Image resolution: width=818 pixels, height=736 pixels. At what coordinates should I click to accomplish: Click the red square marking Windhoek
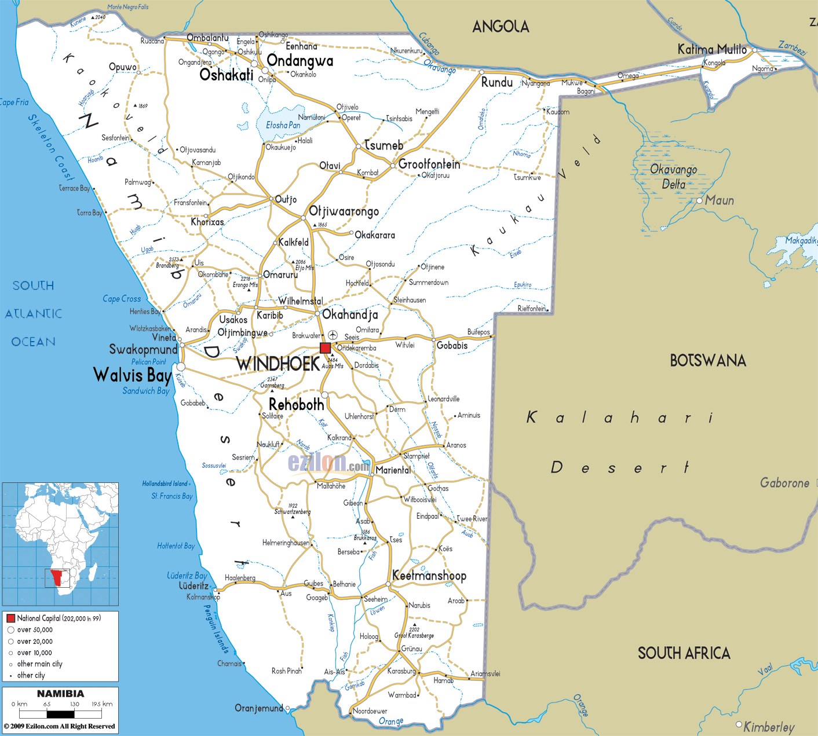coord(325,347)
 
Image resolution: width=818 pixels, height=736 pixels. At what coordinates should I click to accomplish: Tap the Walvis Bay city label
coord(133,375)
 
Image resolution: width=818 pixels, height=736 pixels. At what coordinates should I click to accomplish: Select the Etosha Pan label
coord(283,125)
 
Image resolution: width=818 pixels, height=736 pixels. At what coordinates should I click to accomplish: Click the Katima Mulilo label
coord(712,49)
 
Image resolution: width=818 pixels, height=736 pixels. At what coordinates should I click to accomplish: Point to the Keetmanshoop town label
coord(429,576)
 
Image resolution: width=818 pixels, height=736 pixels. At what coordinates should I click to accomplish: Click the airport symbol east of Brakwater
coord(333,335)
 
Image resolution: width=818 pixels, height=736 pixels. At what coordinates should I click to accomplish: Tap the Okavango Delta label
coord(673,177)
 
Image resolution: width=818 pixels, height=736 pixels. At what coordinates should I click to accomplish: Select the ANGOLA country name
coord(501,27)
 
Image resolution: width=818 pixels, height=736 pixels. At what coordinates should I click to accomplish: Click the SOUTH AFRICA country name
coord(684,653)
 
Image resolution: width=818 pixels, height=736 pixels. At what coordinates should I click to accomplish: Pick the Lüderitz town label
coord(193,586)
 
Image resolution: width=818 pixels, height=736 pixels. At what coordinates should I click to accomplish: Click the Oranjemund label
coord(258,708)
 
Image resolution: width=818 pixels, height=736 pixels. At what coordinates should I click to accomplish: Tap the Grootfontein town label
coord(429,164)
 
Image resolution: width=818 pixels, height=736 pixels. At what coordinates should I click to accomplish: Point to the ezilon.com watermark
coord(328,463)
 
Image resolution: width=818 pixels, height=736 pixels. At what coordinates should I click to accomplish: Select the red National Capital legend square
coord(10,618)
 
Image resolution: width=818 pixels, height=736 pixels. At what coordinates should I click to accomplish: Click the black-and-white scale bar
coord(60,715)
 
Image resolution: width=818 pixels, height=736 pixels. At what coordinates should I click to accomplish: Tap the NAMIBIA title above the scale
coord(60,694)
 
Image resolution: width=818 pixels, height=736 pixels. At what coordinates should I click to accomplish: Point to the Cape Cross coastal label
coord(122,299)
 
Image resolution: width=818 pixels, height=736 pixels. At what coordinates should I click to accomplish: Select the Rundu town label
coord(496,82)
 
